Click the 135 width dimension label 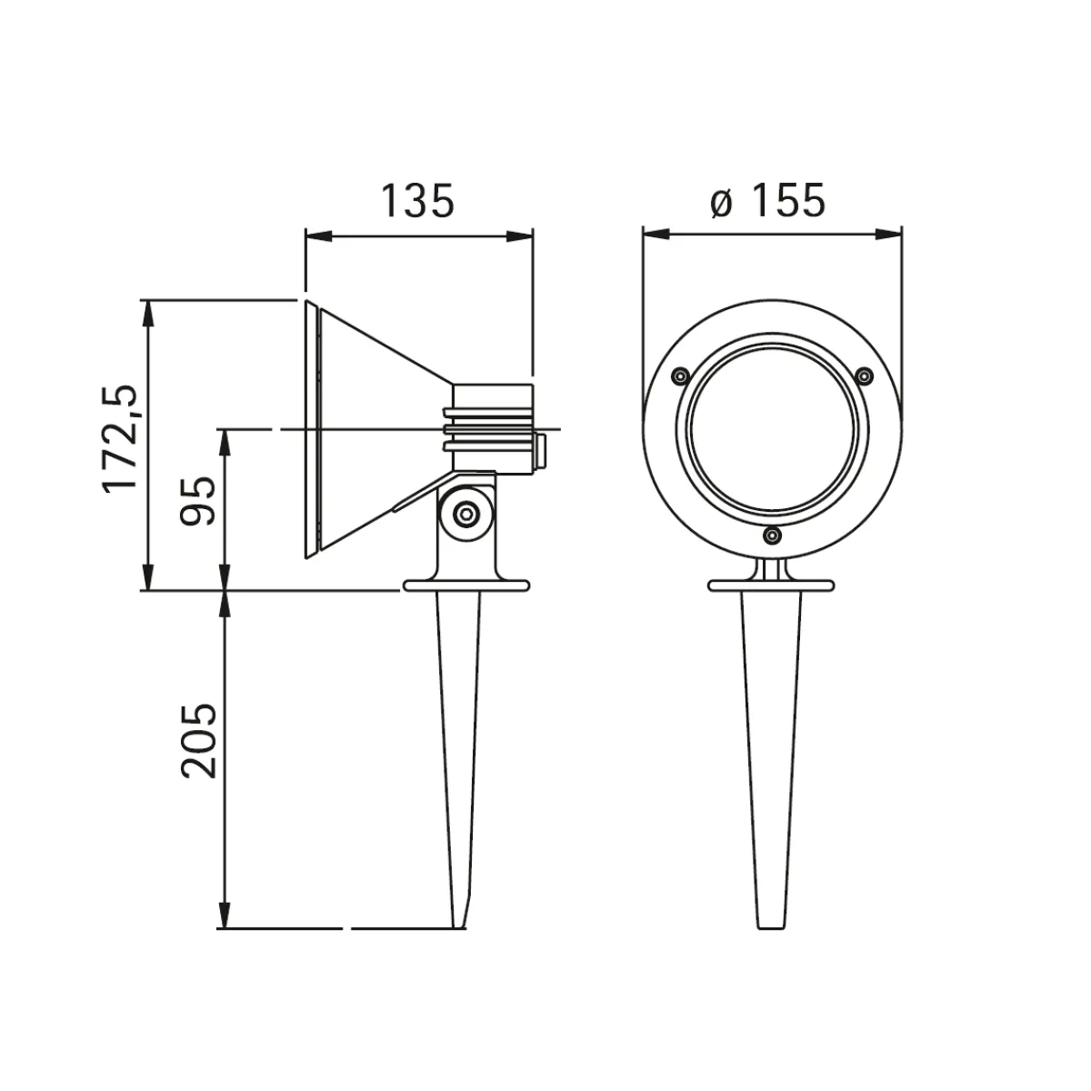(x=416, y=201)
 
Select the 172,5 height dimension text (x=119, y=438)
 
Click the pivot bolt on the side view (x=466, y=514)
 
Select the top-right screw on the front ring (x=864, y=375)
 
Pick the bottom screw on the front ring (x=772, y=535)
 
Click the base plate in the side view (x=466, y=586)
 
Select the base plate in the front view (x=772, y=586)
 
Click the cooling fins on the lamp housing (x=487, y=429)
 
